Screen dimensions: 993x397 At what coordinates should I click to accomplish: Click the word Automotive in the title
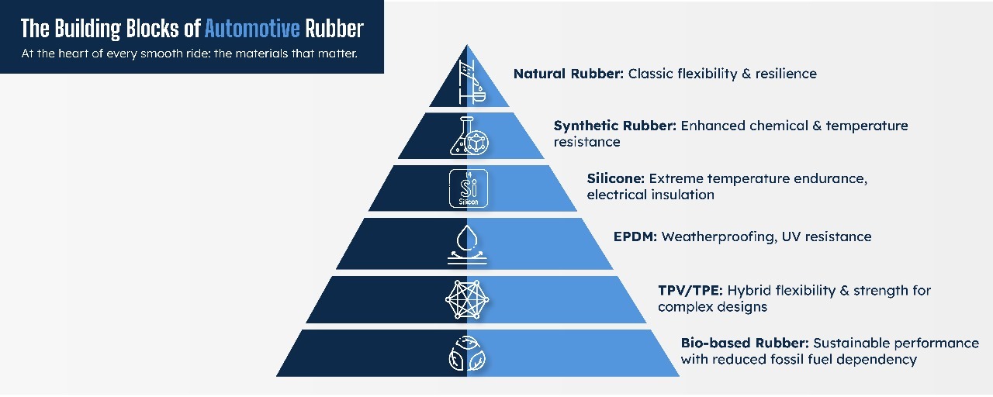[x=252, y=29]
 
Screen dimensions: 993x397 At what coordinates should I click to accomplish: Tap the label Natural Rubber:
[x=569, y=74]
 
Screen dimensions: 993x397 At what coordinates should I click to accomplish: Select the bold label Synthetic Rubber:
[x=615, y=126]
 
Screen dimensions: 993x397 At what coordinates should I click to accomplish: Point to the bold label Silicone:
[x=616, y=178]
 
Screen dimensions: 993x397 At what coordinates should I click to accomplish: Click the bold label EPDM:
[x=635, y=236]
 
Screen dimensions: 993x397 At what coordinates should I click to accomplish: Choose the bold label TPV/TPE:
[x=690, y=291]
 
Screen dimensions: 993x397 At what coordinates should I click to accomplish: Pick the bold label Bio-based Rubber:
[x=745, y=343]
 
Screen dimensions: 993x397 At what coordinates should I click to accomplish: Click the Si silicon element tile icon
[x=469, y=188]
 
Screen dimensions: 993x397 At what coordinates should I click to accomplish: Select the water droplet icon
[x=467, y=244]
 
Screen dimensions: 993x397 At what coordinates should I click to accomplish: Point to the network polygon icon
[x=467, y=299]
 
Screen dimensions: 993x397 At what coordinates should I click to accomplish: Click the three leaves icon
[x=467, y=353]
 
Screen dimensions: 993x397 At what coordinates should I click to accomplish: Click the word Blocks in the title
[x=153, y=29]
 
